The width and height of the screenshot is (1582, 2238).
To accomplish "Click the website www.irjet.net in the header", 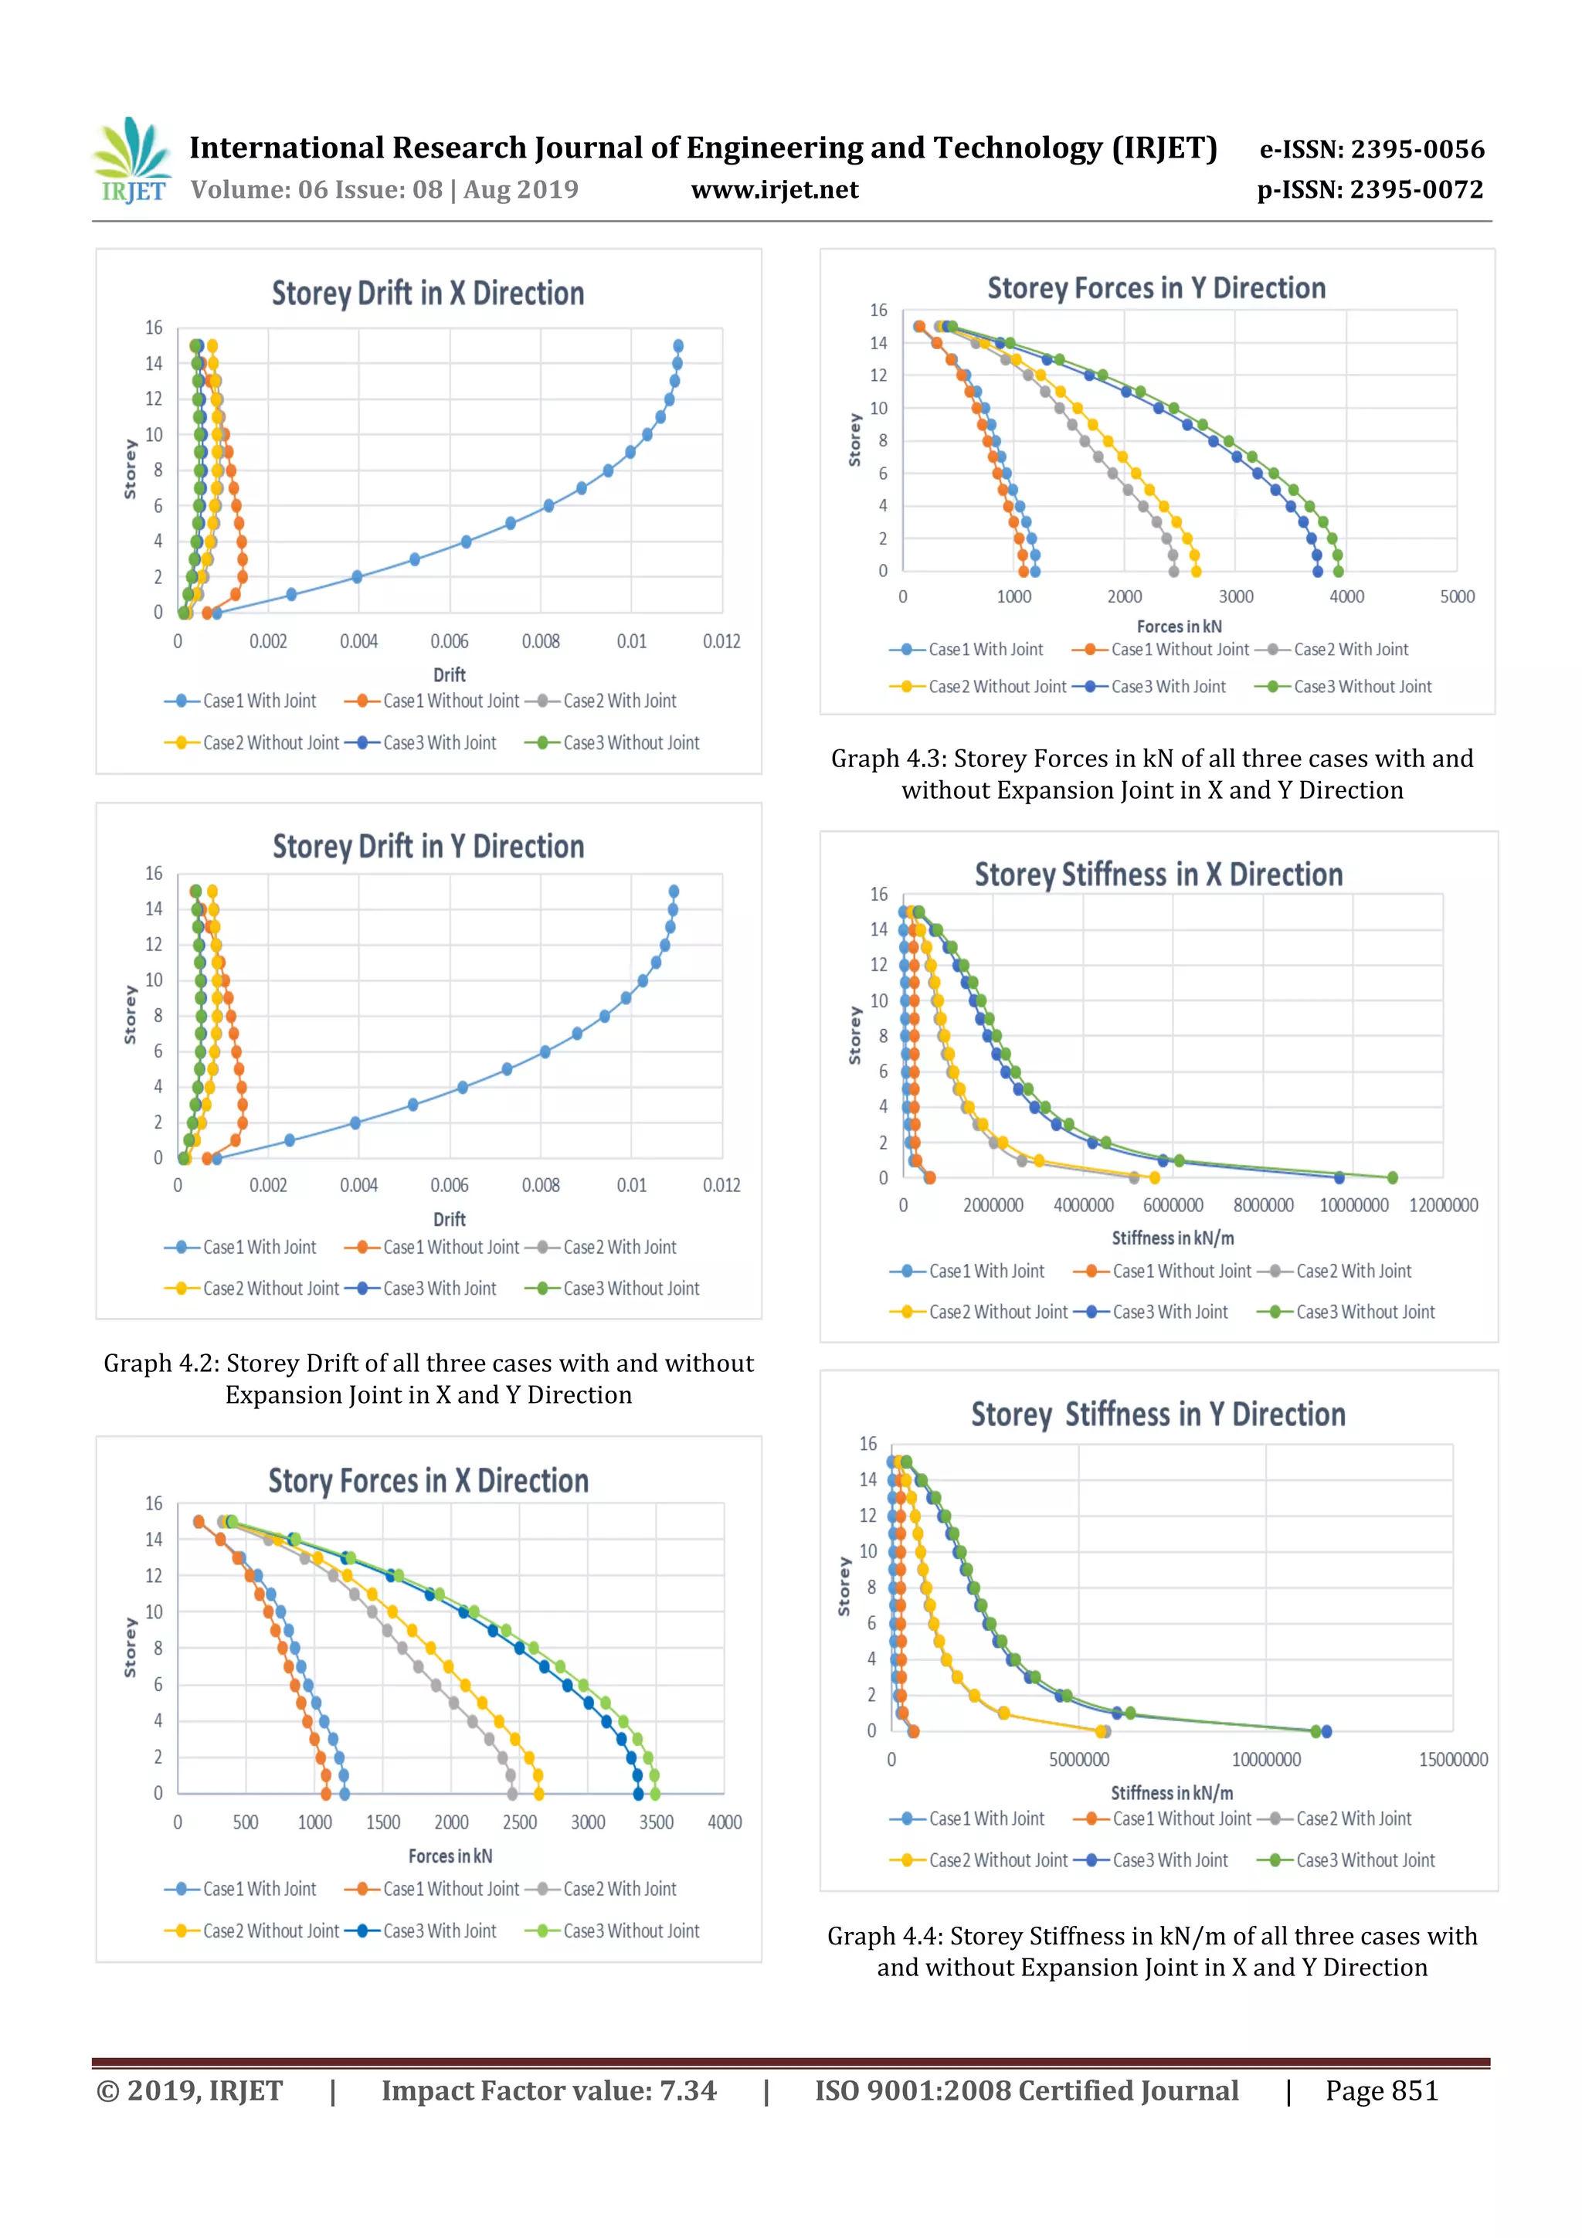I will (774, 189).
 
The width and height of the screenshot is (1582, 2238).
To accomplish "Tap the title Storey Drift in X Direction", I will (428, 294).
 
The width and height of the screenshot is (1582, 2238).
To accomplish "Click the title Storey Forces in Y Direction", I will (1156, 288).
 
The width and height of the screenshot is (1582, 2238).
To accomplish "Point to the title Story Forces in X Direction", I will (428, 1481).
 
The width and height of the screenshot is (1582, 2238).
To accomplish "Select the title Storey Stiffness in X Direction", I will (1158, 874).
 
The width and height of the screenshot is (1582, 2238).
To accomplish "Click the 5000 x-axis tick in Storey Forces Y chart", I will (1456, 596).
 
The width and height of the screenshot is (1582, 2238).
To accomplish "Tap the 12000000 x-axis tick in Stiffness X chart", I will (1443, 1205).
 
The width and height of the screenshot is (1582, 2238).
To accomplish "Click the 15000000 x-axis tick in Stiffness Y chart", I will (1452, 1759).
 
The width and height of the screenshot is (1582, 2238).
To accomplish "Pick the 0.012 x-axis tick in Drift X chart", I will (721, 641).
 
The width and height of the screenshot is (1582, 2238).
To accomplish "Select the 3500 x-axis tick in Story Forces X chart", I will (656, 1822).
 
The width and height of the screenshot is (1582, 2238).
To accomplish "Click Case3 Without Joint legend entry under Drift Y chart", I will (630, 1289).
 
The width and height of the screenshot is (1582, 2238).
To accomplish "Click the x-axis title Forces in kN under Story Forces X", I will (450, 1856).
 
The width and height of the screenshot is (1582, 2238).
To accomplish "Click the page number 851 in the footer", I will (1414, 2090).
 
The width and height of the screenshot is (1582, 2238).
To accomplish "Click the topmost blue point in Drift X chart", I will (678, 346).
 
